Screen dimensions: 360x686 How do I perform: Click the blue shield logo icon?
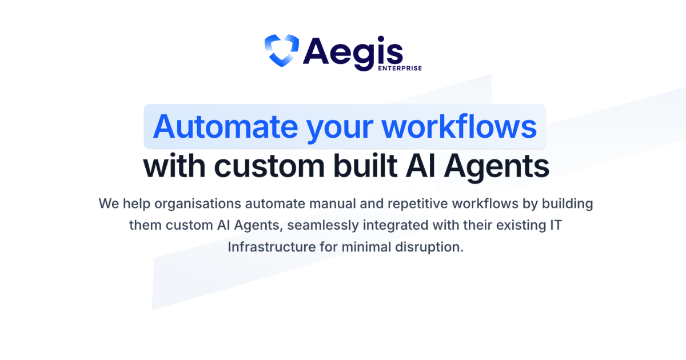(281, 50)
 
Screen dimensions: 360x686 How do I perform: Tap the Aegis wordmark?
(353, 51)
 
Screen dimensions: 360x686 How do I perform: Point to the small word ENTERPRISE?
(400, 68)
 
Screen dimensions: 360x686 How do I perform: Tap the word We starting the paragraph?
(109, 203)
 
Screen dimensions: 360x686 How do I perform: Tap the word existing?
(520, 225)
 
